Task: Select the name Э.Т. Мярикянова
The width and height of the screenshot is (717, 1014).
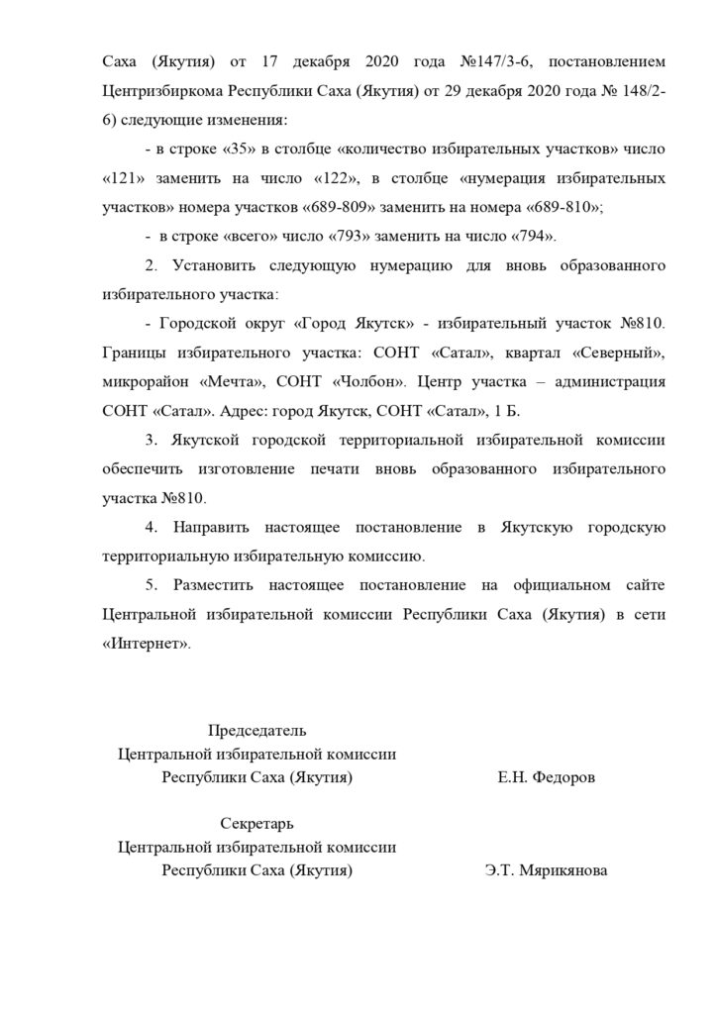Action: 546,872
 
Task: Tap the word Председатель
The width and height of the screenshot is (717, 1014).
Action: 256,731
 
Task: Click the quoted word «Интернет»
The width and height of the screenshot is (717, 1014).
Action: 145,643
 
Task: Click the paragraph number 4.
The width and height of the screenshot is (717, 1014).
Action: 151,527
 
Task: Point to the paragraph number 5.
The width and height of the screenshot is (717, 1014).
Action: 151,585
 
